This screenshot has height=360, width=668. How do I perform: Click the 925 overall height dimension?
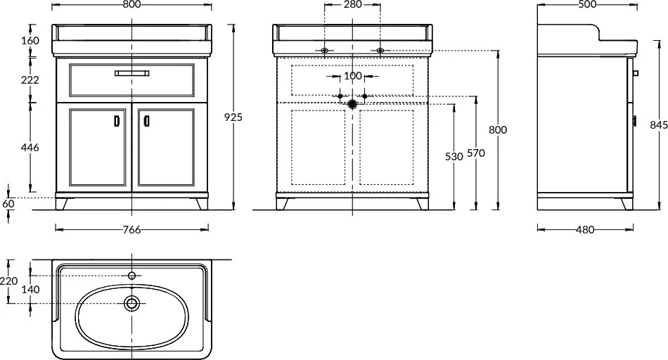click(233, 117)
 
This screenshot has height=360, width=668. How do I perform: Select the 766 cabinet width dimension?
click(131, 230)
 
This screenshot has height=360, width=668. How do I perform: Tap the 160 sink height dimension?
click(30, 41)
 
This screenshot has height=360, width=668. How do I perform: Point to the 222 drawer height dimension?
click(30, 79)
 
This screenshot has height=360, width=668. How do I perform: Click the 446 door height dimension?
click(30, 148)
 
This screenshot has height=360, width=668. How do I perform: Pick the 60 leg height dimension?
click(8, 204)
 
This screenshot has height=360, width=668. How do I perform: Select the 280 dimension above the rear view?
click(352, 5)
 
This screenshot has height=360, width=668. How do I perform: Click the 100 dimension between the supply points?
click(352, 76)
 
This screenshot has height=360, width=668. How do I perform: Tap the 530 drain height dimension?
click(454, 157)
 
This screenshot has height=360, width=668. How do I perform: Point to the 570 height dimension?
click(476, 153)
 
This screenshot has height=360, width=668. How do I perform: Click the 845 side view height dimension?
click(659, 124)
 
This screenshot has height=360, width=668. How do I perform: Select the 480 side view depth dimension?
click(585, 230)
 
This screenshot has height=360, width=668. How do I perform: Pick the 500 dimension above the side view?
click(587, 5)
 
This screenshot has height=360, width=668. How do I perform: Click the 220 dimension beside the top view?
click(8, 281)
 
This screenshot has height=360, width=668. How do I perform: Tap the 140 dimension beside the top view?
click(30, 289)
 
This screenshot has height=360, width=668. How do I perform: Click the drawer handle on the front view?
click(132, 73)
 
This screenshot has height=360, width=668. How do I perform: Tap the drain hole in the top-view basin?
click(132, 303)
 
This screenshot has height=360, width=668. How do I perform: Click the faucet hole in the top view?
click(132, 276)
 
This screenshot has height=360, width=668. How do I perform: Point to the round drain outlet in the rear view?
click(352, 103)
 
